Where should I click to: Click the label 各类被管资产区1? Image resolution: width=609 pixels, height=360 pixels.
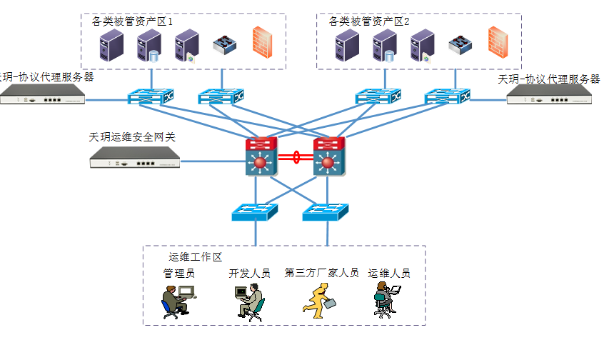[x=133, y=21]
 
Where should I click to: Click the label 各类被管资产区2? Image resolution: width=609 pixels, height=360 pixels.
[x=369, y=21]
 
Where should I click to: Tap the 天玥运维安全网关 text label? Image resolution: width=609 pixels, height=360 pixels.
[x=132, y=136]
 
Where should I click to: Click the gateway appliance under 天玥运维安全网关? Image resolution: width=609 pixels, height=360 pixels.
[x=134, y=161]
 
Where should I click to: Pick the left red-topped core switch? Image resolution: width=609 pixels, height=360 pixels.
[x=260, y=158]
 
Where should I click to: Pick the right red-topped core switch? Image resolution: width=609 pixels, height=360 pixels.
[x=328, y=158]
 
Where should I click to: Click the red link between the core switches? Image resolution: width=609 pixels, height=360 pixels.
[x=294, y=157]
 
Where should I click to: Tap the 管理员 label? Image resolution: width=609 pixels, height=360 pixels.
[x=178, y=273]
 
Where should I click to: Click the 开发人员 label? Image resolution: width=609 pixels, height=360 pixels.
[x=249, y=273]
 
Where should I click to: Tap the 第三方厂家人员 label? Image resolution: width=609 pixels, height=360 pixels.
[x=321, y=273]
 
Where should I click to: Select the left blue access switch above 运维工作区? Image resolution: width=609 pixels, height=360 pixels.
[x=255, y=211]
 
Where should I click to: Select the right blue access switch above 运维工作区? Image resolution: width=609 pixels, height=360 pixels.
[x=326, y=211]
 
